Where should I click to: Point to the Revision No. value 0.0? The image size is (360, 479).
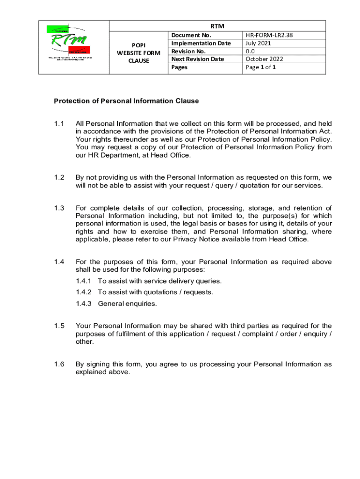(250, 51)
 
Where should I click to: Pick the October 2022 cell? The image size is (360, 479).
(265, 59)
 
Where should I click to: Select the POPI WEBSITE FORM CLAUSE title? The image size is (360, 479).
(138, 53)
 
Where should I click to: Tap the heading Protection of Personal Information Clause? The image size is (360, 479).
(126, 101)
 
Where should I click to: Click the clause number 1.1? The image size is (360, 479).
(58, 123)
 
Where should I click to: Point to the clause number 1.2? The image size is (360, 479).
(58, 178)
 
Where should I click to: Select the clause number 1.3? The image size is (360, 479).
(58, 208)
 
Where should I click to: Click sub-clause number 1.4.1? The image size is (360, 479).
(85, 281)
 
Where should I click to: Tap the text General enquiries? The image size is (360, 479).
(127, 304)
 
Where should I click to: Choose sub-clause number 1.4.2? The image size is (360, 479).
(85, 292)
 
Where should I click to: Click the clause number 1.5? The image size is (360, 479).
(58, 326)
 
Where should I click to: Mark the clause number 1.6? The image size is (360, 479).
(58, 364)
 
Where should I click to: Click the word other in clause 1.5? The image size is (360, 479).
(85, 341)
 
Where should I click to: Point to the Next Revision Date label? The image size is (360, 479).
(197, 59)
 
